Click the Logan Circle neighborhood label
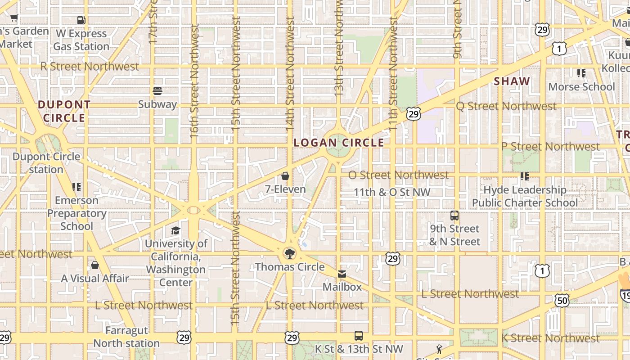coord(339,143)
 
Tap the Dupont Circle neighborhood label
coord(64,111)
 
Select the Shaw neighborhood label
coord(512,81)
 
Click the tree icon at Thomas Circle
coord(290,253)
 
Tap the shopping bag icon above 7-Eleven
coord(285,175)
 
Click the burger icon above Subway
coord(157,91)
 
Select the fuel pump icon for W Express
coord(81,20)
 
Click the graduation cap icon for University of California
coord(175,230)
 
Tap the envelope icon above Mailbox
coord(342,274)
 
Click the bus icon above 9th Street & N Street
coord(454,215)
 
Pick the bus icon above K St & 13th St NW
coord(358,335)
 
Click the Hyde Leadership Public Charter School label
coord(525,196)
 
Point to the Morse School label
coord(581,86)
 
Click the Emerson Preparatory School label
coord(76,213)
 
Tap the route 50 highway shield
coord(562,301)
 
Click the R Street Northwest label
coord(90,67)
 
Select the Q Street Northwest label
coord(506,106)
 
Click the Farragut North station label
coord(126,337)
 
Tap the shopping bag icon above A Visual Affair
coord(94,265)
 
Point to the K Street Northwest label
coord(550,338)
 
